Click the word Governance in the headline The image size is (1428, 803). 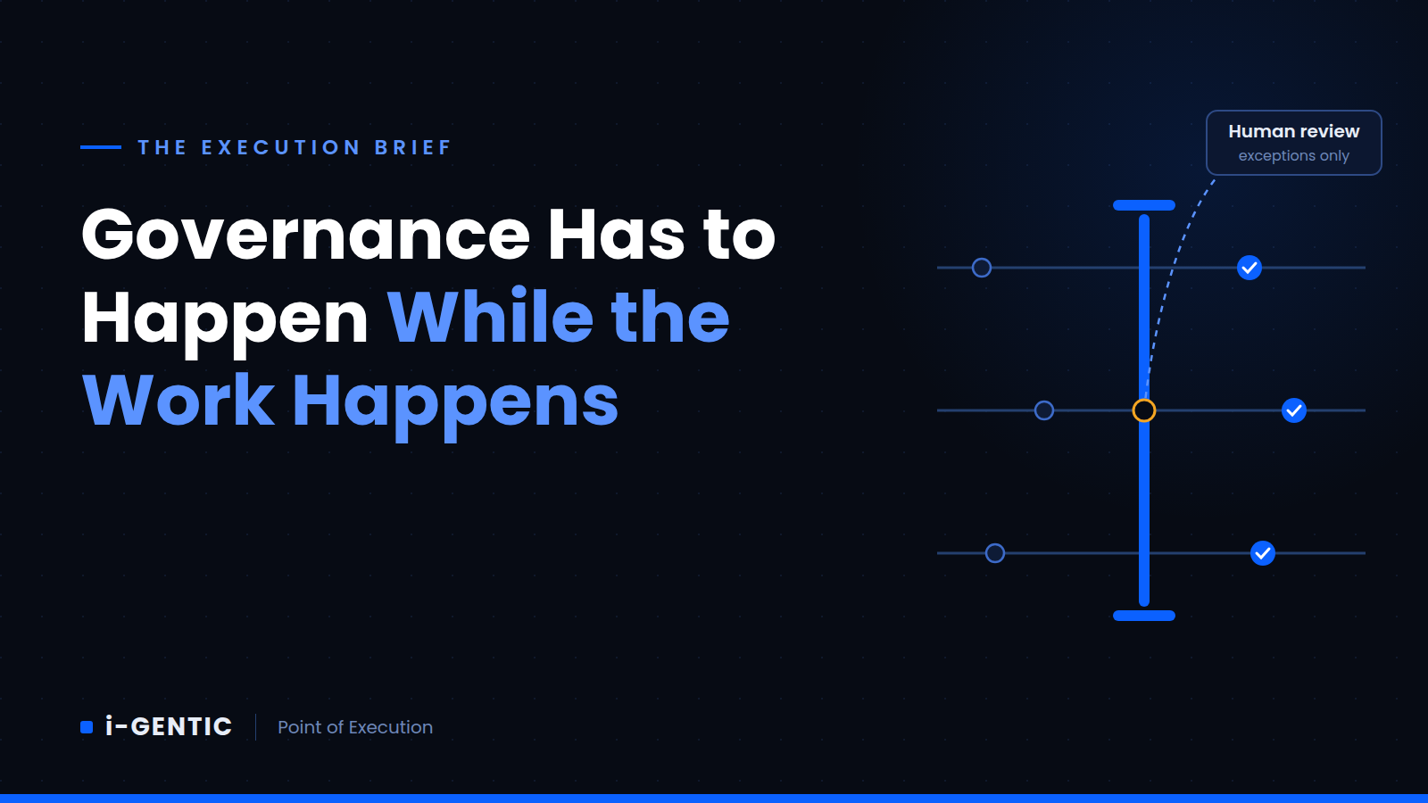click(x=305, y=235)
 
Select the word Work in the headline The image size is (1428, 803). click(x=178, y=400)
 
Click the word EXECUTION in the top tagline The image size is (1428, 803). click(x=281, y=148)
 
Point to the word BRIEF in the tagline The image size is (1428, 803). click(x=413, y=148)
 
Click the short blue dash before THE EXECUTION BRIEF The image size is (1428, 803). click(x=101, y=147)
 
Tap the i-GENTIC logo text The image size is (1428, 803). click(x=169, y=726)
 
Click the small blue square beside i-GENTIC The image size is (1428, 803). click(x=87, y=727)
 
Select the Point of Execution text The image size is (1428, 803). click(x=355, y=727)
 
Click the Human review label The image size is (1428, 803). click(x=1293, y=131)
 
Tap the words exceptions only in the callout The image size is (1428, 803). click(x=1293, y=155)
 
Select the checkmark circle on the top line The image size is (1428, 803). click(x=1249, y=268)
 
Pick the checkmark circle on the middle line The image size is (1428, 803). click(x=1293, y=410)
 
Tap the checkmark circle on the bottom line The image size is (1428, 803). click(x=1262, y=553)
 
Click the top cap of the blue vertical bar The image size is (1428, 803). click(x=1143, y=205)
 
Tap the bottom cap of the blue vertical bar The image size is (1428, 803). click(x=1143, y=616)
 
